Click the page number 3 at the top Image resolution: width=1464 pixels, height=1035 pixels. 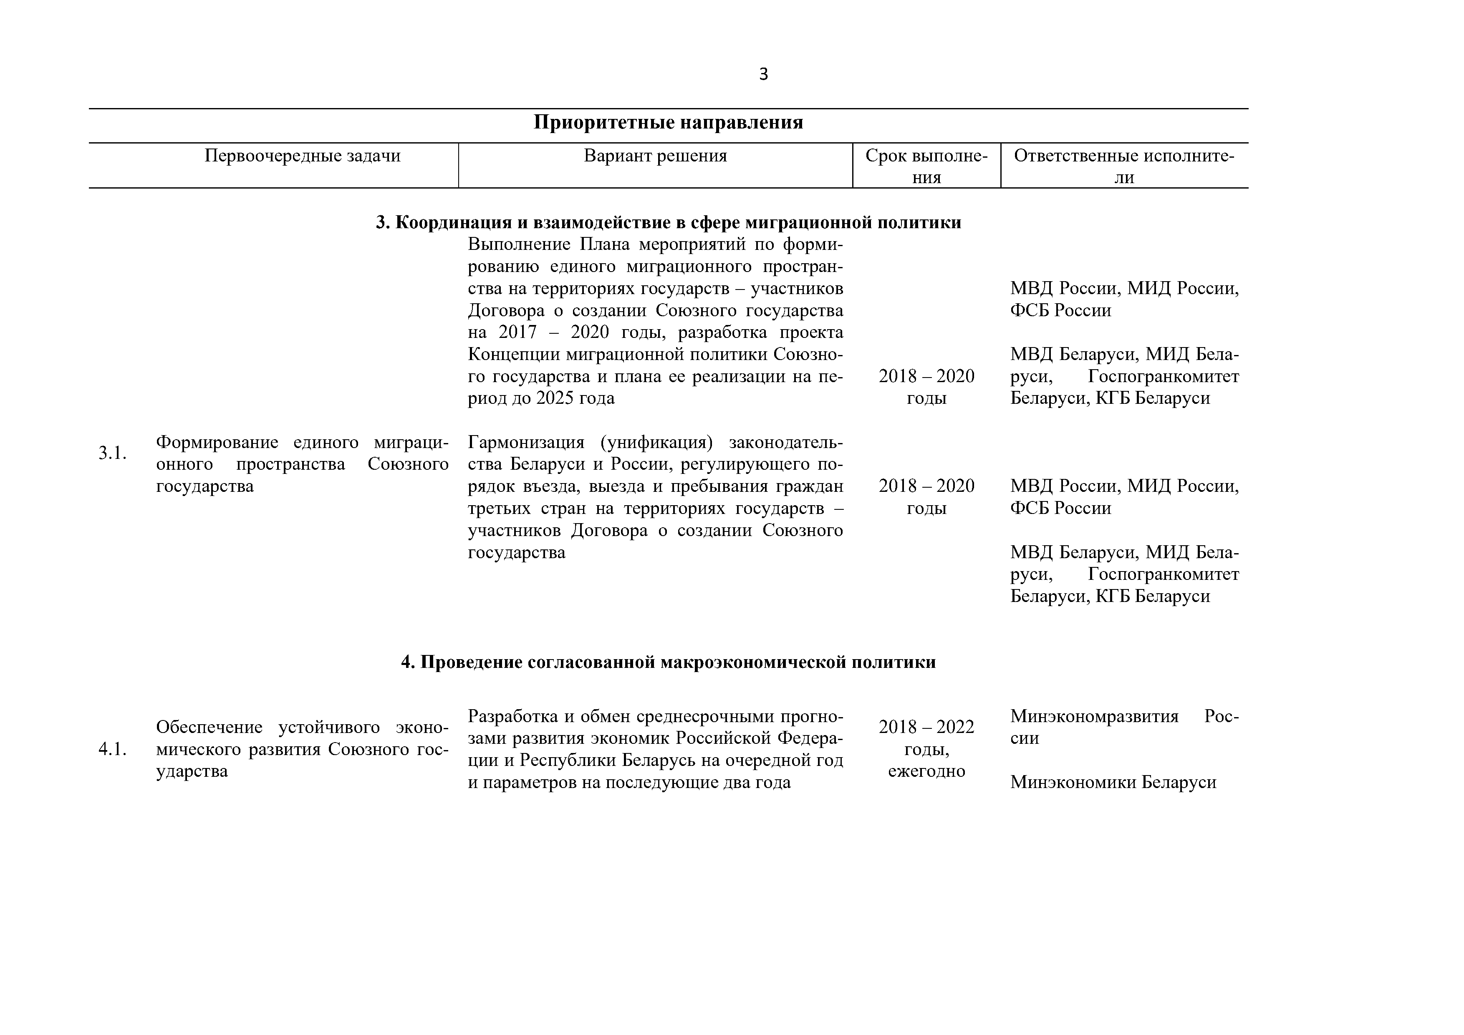763,75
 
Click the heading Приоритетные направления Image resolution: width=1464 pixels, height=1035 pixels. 668,122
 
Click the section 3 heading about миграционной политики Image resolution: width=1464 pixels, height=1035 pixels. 668,222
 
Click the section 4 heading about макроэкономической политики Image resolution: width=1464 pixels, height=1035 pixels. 668,662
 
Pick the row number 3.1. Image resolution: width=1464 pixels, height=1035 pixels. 112,453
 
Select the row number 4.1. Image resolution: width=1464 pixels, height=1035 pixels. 112,750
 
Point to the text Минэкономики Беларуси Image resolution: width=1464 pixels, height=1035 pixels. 1113,782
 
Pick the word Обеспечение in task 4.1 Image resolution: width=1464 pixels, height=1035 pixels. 209,727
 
